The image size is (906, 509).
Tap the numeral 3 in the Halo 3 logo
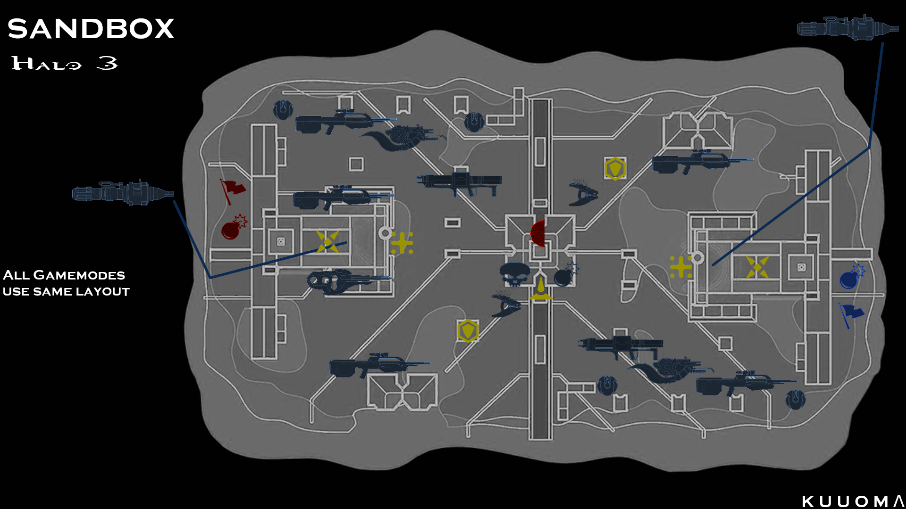click(x=107, y=63)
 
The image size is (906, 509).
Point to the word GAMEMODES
click(x=79, y=275)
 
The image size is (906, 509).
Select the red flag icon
click(x=232, y=190)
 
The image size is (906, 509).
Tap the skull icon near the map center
click(x=515, y=274)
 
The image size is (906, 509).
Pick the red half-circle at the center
click(x=538, y=233)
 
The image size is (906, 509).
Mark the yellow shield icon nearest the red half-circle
click(x=615, y=168)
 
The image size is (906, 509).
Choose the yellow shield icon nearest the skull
click(x=468, y=330)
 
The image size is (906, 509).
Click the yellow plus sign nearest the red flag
click(x=402, y=243)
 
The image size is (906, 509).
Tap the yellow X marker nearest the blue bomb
click(x=757, y=267)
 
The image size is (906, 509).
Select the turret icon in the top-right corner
click(x=847, y=28)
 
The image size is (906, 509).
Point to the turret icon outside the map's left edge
click(x=123, y=192)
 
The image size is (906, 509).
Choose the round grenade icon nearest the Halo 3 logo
click(x=283, y=110)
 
